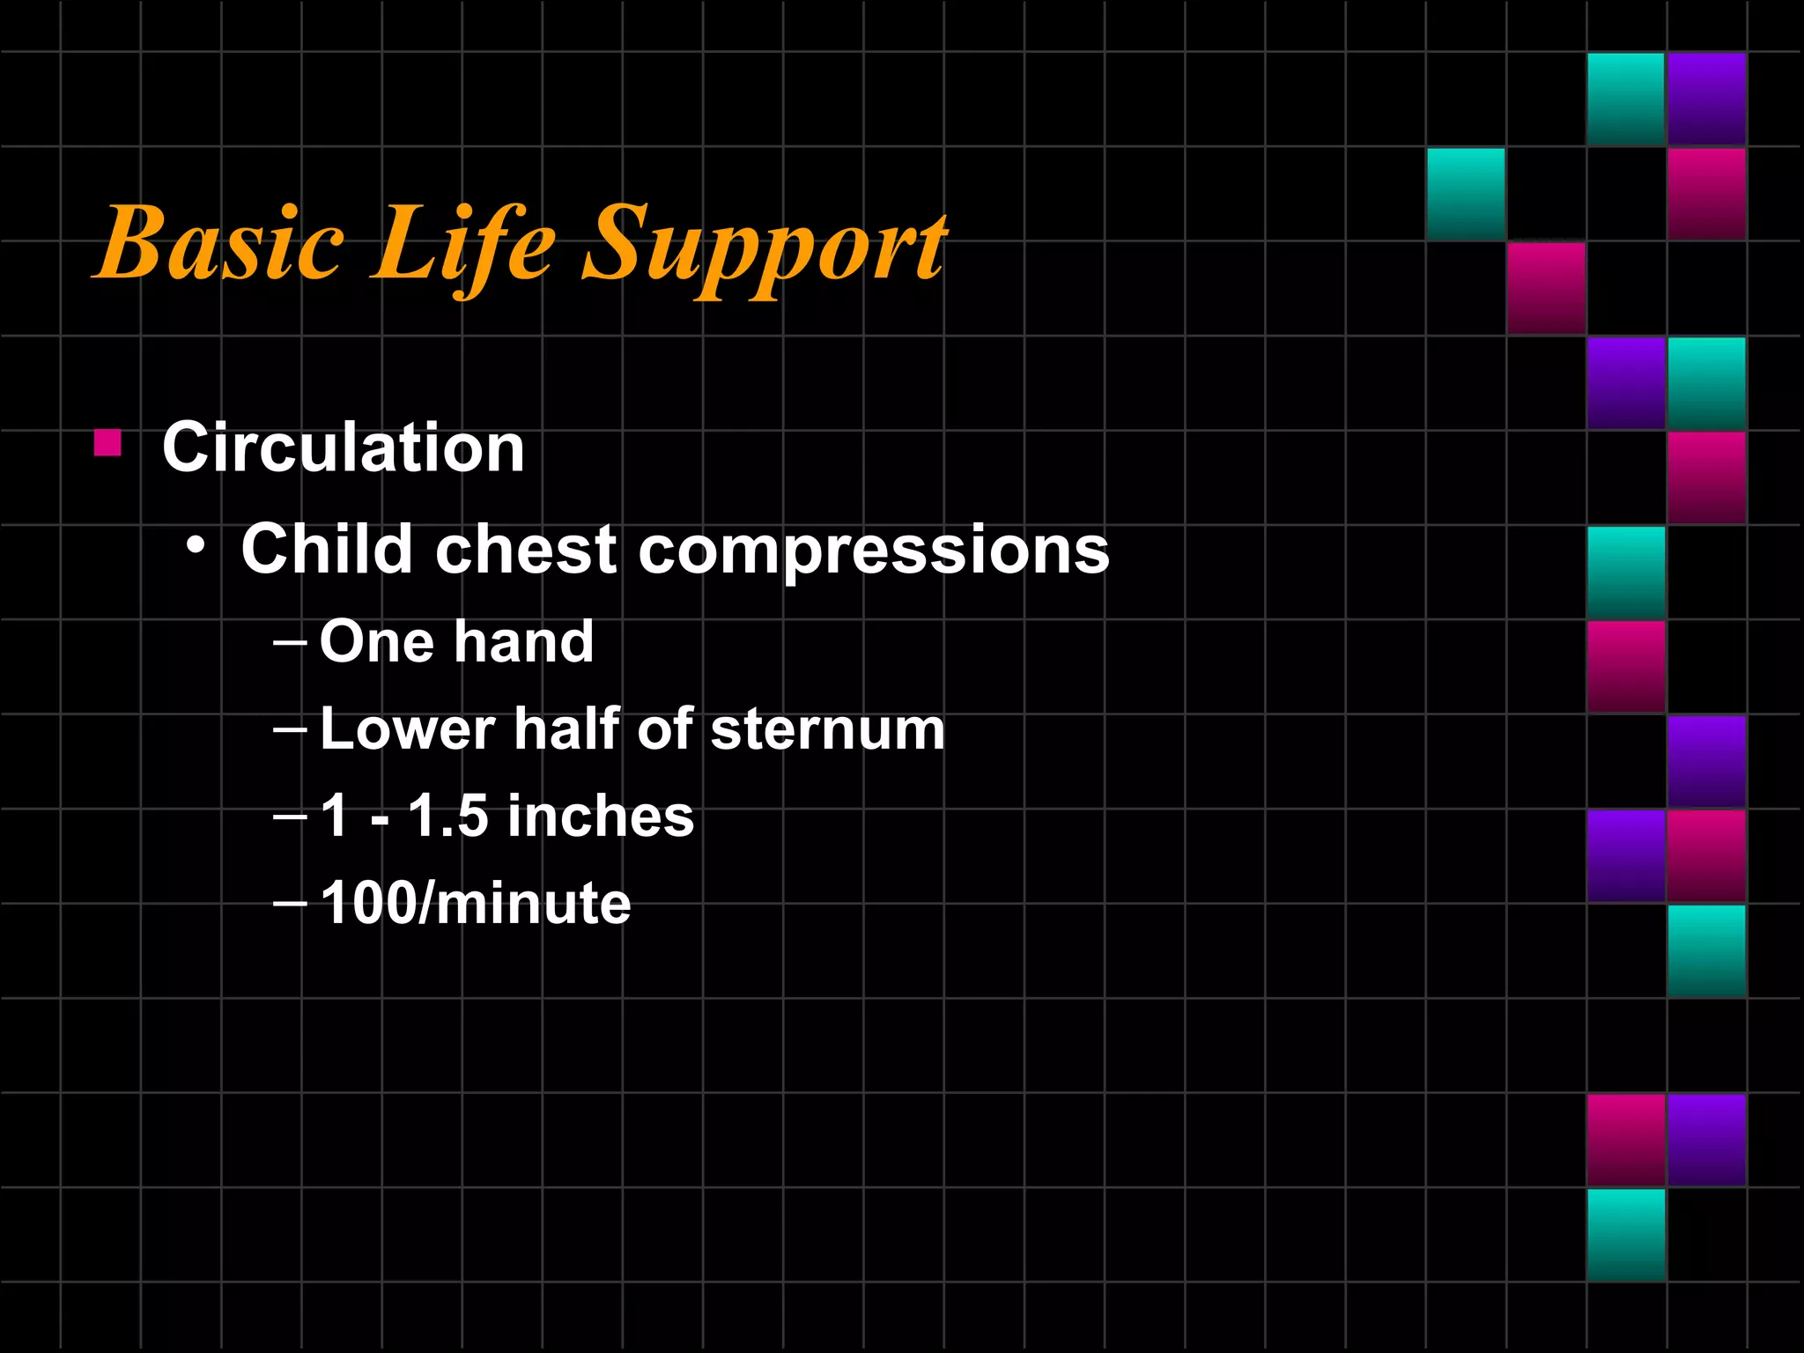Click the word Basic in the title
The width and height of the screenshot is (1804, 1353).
pos(220,243)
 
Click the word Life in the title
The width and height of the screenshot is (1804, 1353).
pos(462,243)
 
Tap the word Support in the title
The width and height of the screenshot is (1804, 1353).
pos(765,247)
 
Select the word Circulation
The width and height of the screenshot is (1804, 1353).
pos(344,447)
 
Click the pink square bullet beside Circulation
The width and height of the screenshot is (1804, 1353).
pos(107,442)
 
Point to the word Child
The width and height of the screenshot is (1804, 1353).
pos(327,549)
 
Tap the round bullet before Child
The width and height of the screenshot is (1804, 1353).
pos(196,547)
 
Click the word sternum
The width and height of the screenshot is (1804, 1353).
pos(827,730)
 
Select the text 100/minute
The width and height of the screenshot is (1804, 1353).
pos(476,903)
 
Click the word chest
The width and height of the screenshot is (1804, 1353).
pos(526,549)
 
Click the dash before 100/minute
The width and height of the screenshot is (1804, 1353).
pos(290,903)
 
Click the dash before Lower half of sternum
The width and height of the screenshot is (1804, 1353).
pos(290,730)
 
